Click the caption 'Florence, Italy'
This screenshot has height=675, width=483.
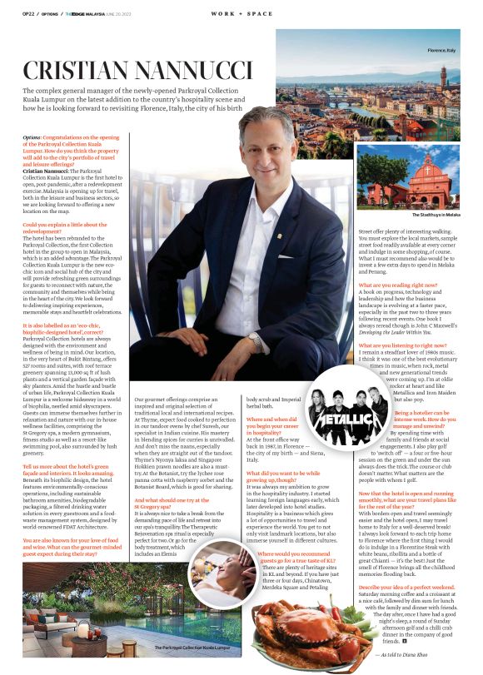pos(441,52)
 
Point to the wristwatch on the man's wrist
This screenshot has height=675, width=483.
pos(253,337)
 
